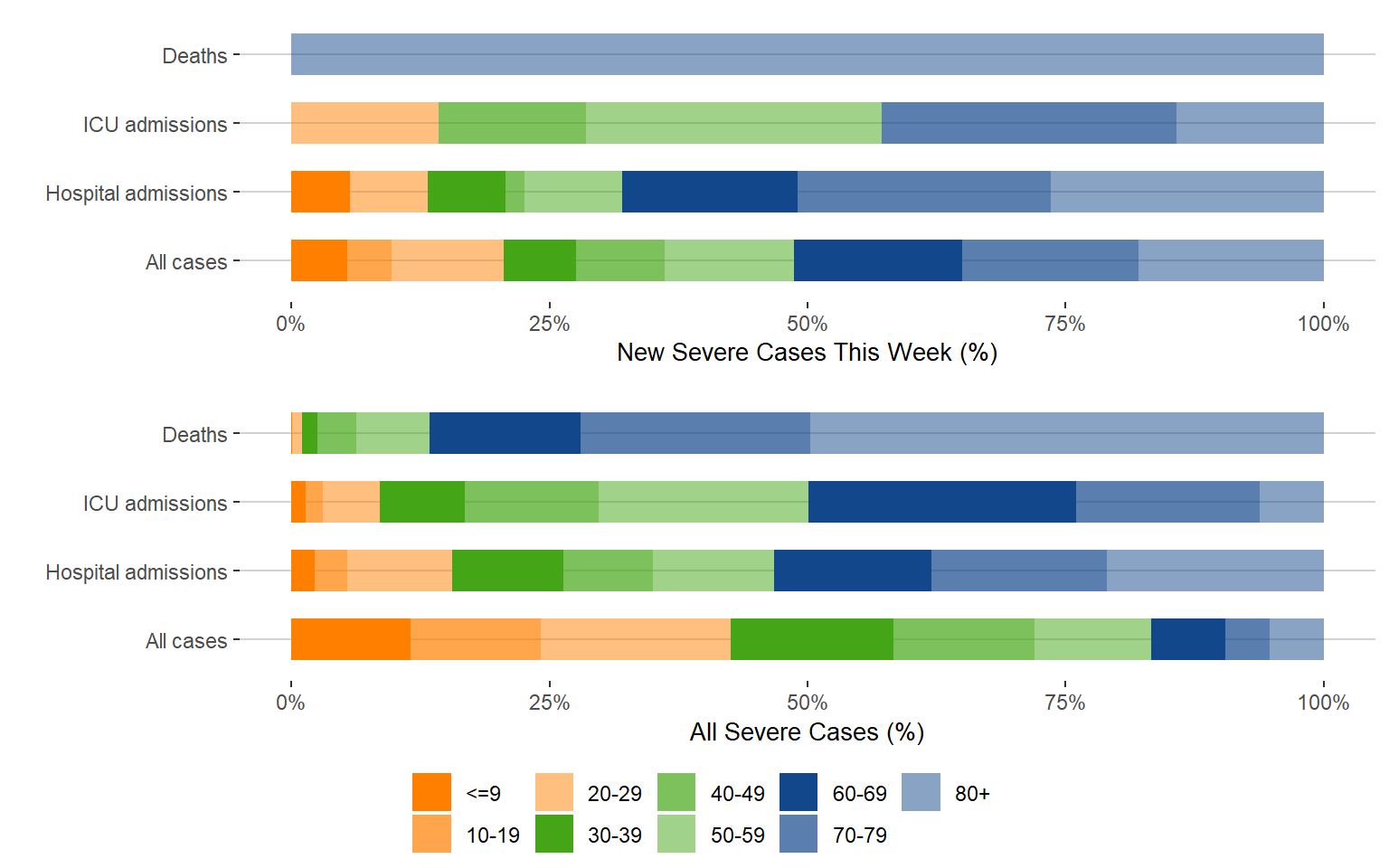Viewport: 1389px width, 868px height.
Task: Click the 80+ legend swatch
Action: pyautogui.click(x=921, y=792)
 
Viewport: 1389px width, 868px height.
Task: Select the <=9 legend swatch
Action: pyautogui.click(x=431, y=792)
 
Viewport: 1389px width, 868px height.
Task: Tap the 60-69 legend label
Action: pyautogui.click(x=859, y=794)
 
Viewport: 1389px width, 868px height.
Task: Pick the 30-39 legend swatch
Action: pyautogui.click(x=553, y=834)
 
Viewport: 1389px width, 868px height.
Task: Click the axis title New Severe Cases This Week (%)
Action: pyautogui.click(x=807, y=353)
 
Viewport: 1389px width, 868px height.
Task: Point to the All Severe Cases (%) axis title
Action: pyautogui.click(x=807, y=731)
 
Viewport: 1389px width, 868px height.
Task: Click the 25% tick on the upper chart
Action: pyautogui.click(x=549, y=324)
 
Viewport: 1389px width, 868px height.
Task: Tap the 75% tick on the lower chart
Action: pyautogui.click(x=1065, y=703)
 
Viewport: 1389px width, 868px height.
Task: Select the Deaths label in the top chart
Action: pyautogui.click(x=194, y=56)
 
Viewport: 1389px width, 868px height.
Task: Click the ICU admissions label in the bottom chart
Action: pyautogui.click(x=155, y=504)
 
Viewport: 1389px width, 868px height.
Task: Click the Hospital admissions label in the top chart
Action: pyautogui.click(x=137, y=193)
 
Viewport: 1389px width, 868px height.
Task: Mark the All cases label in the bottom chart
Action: pyautogui.click(x=186, y=641)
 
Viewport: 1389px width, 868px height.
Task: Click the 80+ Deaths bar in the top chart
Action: pyautogui.click(x=807, y=54)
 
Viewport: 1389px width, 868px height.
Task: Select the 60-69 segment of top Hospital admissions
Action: pyautogui.click(x=710, y=192)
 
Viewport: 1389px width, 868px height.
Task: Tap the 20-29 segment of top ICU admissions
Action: pyautogui.click(x=364, y=123)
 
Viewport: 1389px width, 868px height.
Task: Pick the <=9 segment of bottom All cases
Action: pyautogui.click(x=350, y=639)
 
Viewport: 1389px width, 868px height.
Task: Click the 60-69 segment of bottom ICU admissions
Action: pyautogui.click(x=941, y=502)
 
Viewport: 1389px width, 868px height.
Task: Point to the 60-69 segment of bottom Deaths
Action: pyautogui.click(x=505, y=433)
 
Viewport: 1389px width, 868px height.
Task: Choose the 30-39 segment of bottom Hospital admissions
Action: pyautogui.click(x=507, y=571)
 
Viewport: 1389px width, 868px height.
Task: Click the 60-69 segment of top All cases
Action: pyautogui.click(x=877, y=260)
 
